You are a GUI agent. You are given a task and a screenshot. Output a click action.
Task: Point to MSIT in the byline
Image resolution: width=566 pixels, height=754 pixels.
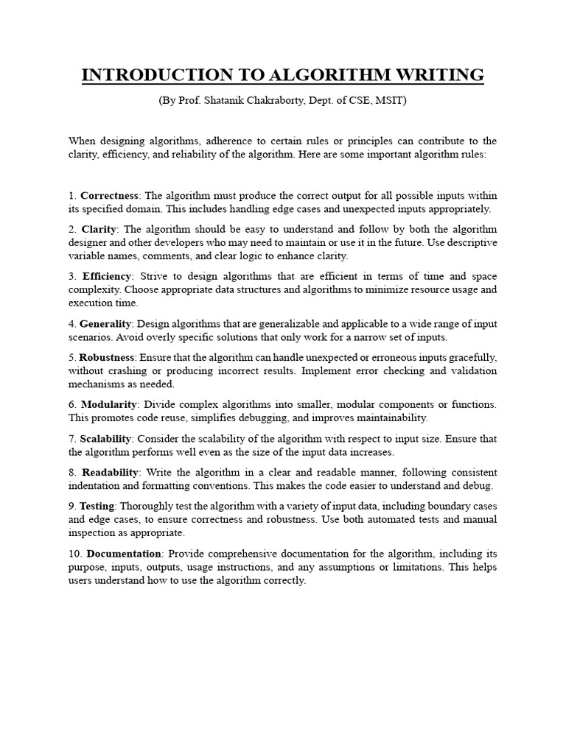pos(388,101)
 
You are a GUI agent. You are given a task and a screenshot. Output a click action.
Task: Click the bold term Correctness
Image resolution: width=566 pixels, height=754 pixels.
pos(109,195)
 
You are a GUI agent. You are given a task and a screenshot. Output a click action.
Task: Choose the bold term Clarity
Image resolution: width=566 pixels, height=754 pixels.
pos(99,229)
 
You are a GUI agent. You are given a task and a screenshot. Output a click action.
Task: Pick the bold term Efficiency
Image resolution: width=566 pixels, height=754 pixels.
pos(106,275)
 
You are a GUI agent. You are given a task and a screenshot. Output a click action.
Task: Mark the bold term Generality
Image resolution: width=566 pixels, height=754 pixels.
pos(106,323)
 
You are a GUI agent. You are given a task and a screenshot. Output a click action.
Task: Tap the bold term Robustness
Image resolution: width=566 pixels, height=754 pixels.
pos(108,356)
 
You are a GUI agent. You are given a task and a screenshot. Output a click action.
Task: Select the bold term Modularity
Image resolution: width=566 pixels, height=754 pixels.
pos(108,404)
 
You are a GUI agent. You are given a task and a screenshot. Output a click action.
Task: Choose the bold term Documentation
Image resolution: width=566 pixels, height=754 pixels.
pos(124,553)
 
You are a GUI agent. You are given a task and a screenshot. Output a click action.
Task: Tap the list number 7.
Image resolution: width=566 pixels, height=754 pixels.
pos(71,438)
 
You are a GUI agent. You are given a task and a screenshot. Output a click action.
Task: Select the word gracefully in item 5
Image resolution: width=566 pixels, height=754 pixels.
pos(471,356)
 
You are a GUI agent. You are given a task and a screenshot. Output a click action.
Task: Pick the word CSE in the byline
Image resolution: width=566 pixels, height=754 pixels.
pos(355,101)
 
